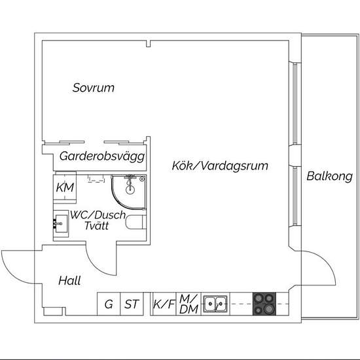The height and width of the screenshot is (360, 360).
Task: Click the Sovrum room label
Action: tap(93, 88)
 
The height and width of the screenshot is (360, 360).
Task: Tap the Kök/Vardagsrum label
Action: tap(220, 166)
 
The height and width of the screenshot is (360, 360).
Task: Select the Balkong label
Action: tap(329, 176)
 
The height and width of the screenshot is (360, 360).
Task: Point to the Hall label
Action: tap(69, 281)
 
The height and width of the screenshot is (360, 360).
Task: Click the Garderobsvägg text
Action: tap(102, 156)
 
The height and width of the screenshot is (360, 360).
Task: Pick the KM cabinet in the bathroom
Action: tap(65, 187)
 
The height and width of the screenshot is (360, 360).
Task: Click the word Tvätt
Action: tap(96, 226)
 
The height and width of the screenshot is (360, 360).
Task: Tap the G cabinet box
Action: tap(109, 304)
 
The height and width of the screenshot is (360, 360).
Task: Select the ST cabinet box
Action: tap(132, 304)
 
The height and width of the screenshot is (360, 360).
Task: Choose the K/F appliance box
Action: tap(164, 304)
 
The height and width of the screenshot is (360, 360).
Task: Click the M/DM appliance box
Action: tap(189, 304)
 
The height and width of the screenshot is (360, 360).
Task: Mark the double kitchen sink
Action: tap(215, 304)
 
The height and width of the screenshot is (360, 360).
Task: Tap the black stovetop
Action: tap(264, 304)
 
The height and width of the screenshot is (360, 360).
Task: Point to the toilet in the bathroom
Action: tap(136, 223)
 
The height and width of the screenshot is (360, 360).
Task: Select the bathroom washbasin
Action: tap(61, 224)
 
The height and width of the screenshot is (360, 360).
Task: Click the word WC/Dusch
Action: tap(98, 215)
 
